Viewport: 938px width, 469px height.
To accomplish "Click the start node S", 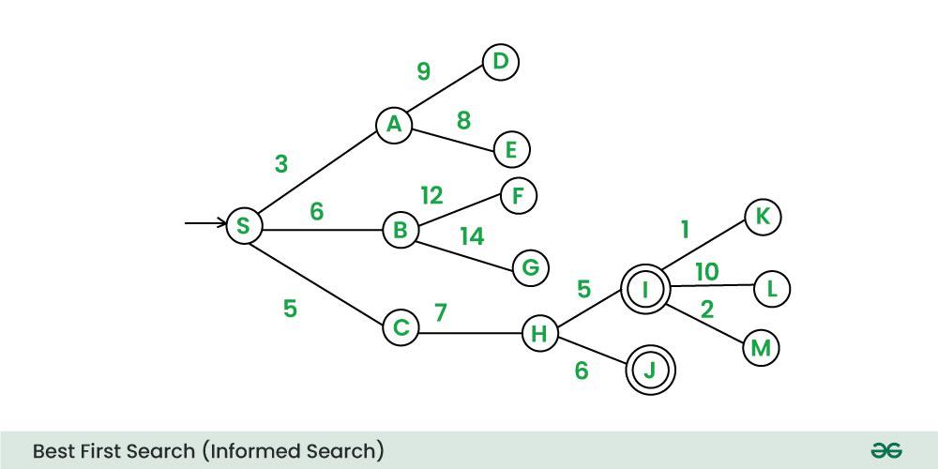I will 244,226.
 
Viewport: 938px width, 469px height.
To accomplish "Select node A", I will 394,125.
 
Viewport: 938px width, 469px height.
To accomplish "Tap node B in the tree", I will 401,230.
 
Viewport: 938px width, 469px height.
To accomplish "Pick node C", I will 401,328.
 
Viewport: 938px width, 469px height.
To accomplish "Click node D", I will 500,62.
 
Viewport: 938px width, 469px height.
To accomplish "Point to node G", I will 530,268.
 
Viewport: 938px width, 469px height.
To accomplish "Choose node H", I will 539,334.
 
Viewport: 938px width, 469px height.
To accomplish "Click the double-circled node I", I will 645,291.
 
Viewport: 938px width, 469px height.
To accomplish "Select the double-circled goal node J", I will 651,371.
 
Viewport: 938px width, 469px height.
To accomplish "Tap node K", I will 763,218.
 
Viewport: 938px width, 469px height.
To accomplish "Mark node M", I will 761,349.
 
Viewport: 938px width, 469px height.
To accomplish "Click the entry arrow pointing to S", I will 204,223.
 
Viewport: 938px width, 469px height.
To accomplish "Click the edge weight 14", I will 472,236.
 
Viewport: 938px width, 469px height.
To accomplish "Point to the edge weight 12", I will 431,195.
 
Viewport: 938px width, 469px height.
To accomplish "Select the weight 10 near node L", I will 706,272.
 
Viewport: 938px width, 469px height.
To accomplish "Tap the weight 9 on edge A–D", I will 423,71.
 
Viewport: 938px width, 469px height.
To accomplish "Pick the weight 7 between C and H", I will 440,312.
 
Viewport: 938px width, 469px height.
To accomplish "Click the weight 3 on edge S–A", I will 281,164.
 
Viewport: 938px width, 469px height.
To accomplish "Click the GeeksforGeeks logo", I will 886,451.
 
